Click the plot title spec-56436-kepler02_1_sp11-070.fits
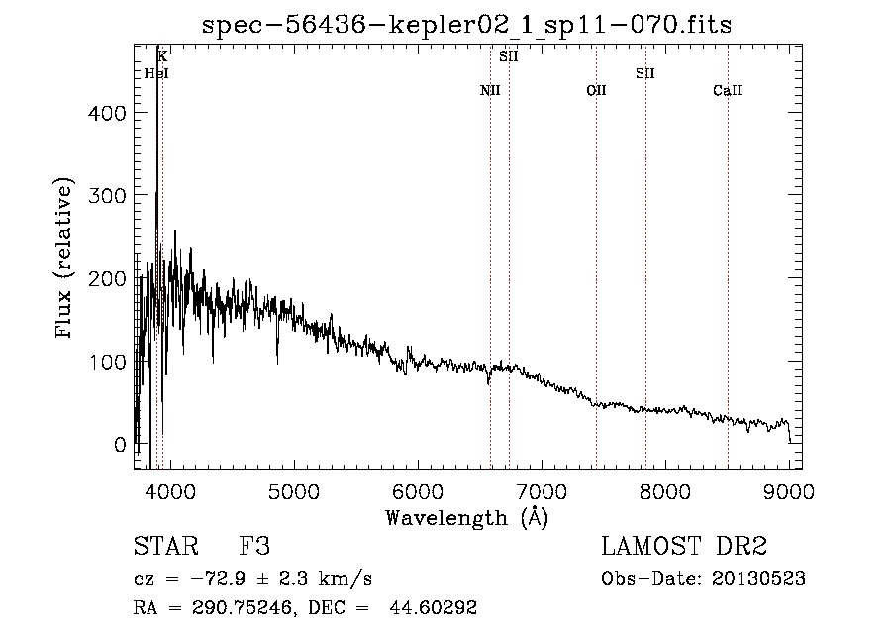click(x=466, y=25)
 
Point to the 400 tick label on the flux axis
click(x=107, y=113)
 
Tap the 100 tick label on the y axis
click(x=107, y=362)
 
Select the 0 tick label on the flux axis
click(x=120, y=445)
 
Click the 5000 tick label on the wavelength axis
click(x=294, y=491)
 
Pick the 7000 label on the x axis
click(x=542, y=491)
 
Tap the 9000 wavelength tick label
click(x=789, y=491)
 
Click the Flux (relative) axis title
click(x=63, y=258)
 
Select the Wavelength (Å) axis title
click(x=467, y=517)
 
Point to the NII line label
click(x=490, y=90)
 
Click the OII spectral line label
click(x=596, y=90)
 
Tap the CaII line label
click(x=728, y=90)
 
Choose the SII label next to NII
click(x=509, y=56)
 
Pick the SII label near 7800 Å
click(x=644, y=73)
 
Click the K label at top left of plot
click(x=162, y=56)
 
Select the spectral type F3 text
click(x=254, y=546)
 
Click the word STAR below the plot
click(x=166, y=546)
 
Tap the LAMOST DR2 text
click(x=684, y=546)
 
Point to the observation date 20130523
click(x=758, y=579)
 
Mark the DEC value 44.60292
click(x=433, y=607)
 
